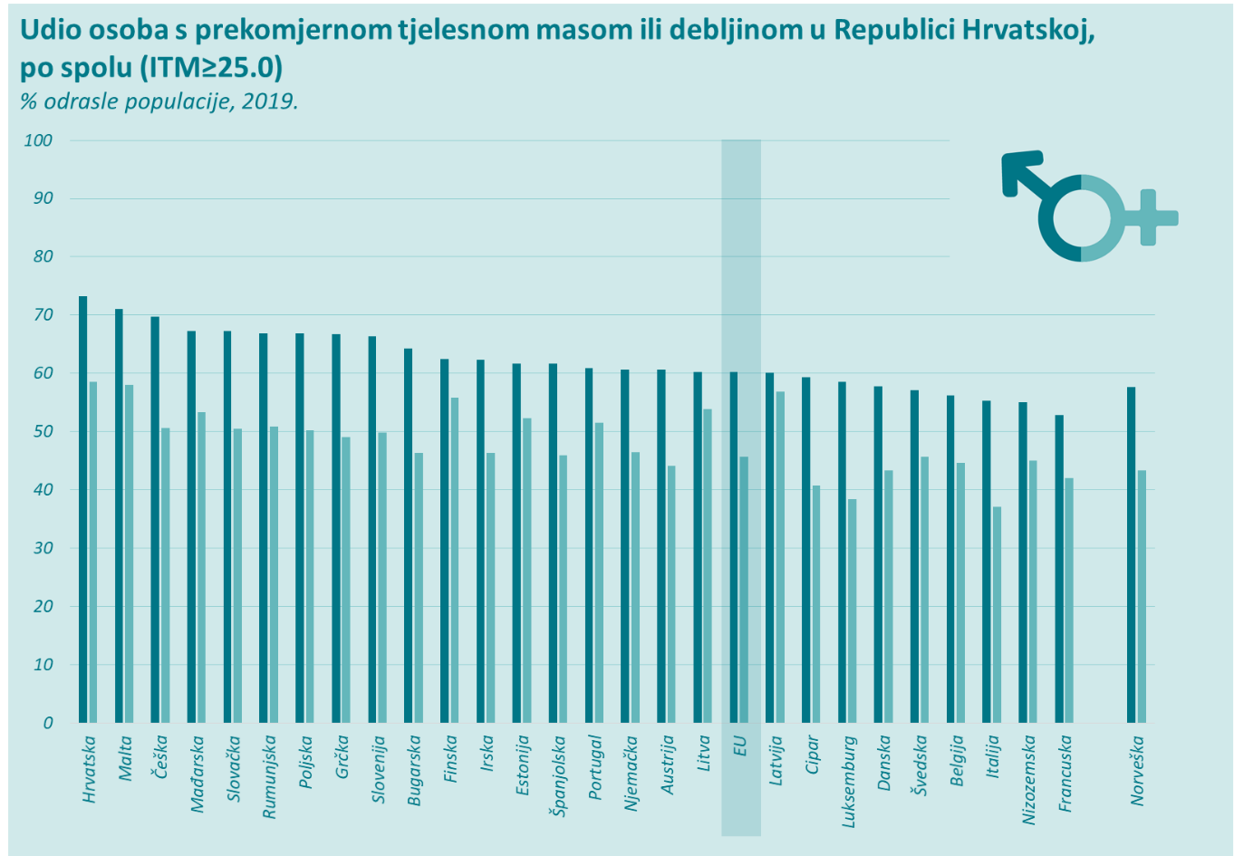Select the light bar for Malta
129,553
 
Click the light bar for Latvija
780,557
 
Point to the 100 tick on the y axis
39,140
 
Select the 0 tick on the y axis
48,723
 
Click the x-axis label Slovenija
379,769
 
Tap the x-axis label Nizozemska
1029,779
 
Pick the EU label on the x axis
740,746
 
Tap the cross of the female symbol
1149,217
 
